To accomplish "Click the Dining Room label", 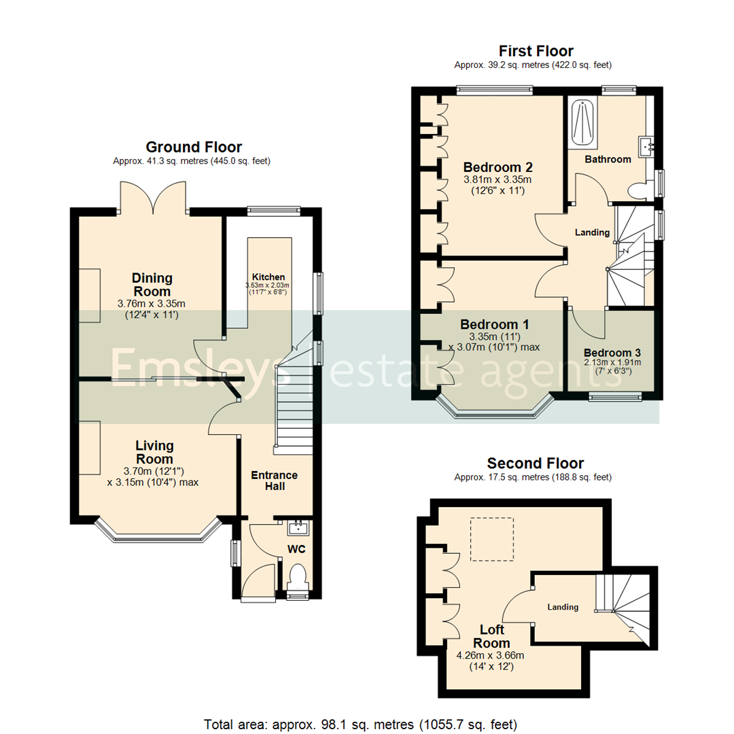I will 152,284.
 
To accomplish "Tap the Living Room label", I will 154,453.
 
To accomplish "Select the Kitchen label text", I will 268,277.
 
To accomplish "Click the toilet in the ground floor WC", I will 298,577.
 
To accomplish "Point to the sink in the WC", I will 298,528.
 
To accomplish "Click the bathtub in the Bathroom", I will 581,123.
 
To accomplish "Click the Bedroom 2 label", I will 497,167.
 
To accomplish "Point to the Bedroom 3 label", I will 612,353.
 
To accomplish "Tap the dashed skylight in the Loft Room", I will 492,539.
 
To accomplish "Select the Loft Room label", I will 491,636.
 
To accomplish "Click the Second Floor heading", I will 535,464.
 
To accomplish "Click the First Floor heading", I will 536,51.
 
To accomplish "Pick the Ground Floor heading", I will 194,147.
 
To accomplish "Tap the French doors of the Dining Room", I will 153,198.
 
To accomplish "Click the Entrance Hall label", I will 275,480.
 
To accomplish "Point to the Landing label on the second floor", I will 563,607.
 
